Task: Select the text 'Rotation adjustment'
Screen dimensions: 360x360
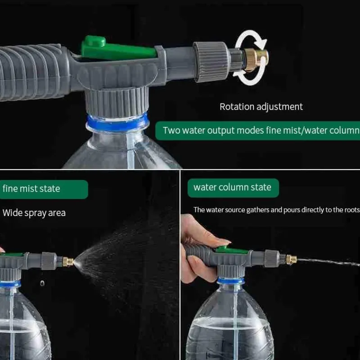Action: [x=261, y=107]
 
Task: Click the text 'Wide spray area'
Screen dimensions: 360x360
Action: [x=34, y=213]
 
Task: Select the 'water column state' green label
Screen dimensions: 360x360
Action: [x=233, y=187]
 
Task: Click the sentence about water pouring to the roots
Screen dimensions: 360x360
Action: [x=276, y=210]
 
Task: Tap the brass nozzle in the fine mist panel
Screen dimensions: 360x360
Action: [x=68, y=261]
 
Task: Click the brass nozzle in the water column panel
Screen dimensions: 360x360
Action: [x=291, y=259]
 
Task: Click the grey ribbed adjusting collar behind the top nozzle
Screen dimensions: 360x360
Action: [x=211, y=62]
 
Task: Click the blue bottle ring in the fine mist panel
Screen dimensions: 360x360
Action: [x=10, y=284]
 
